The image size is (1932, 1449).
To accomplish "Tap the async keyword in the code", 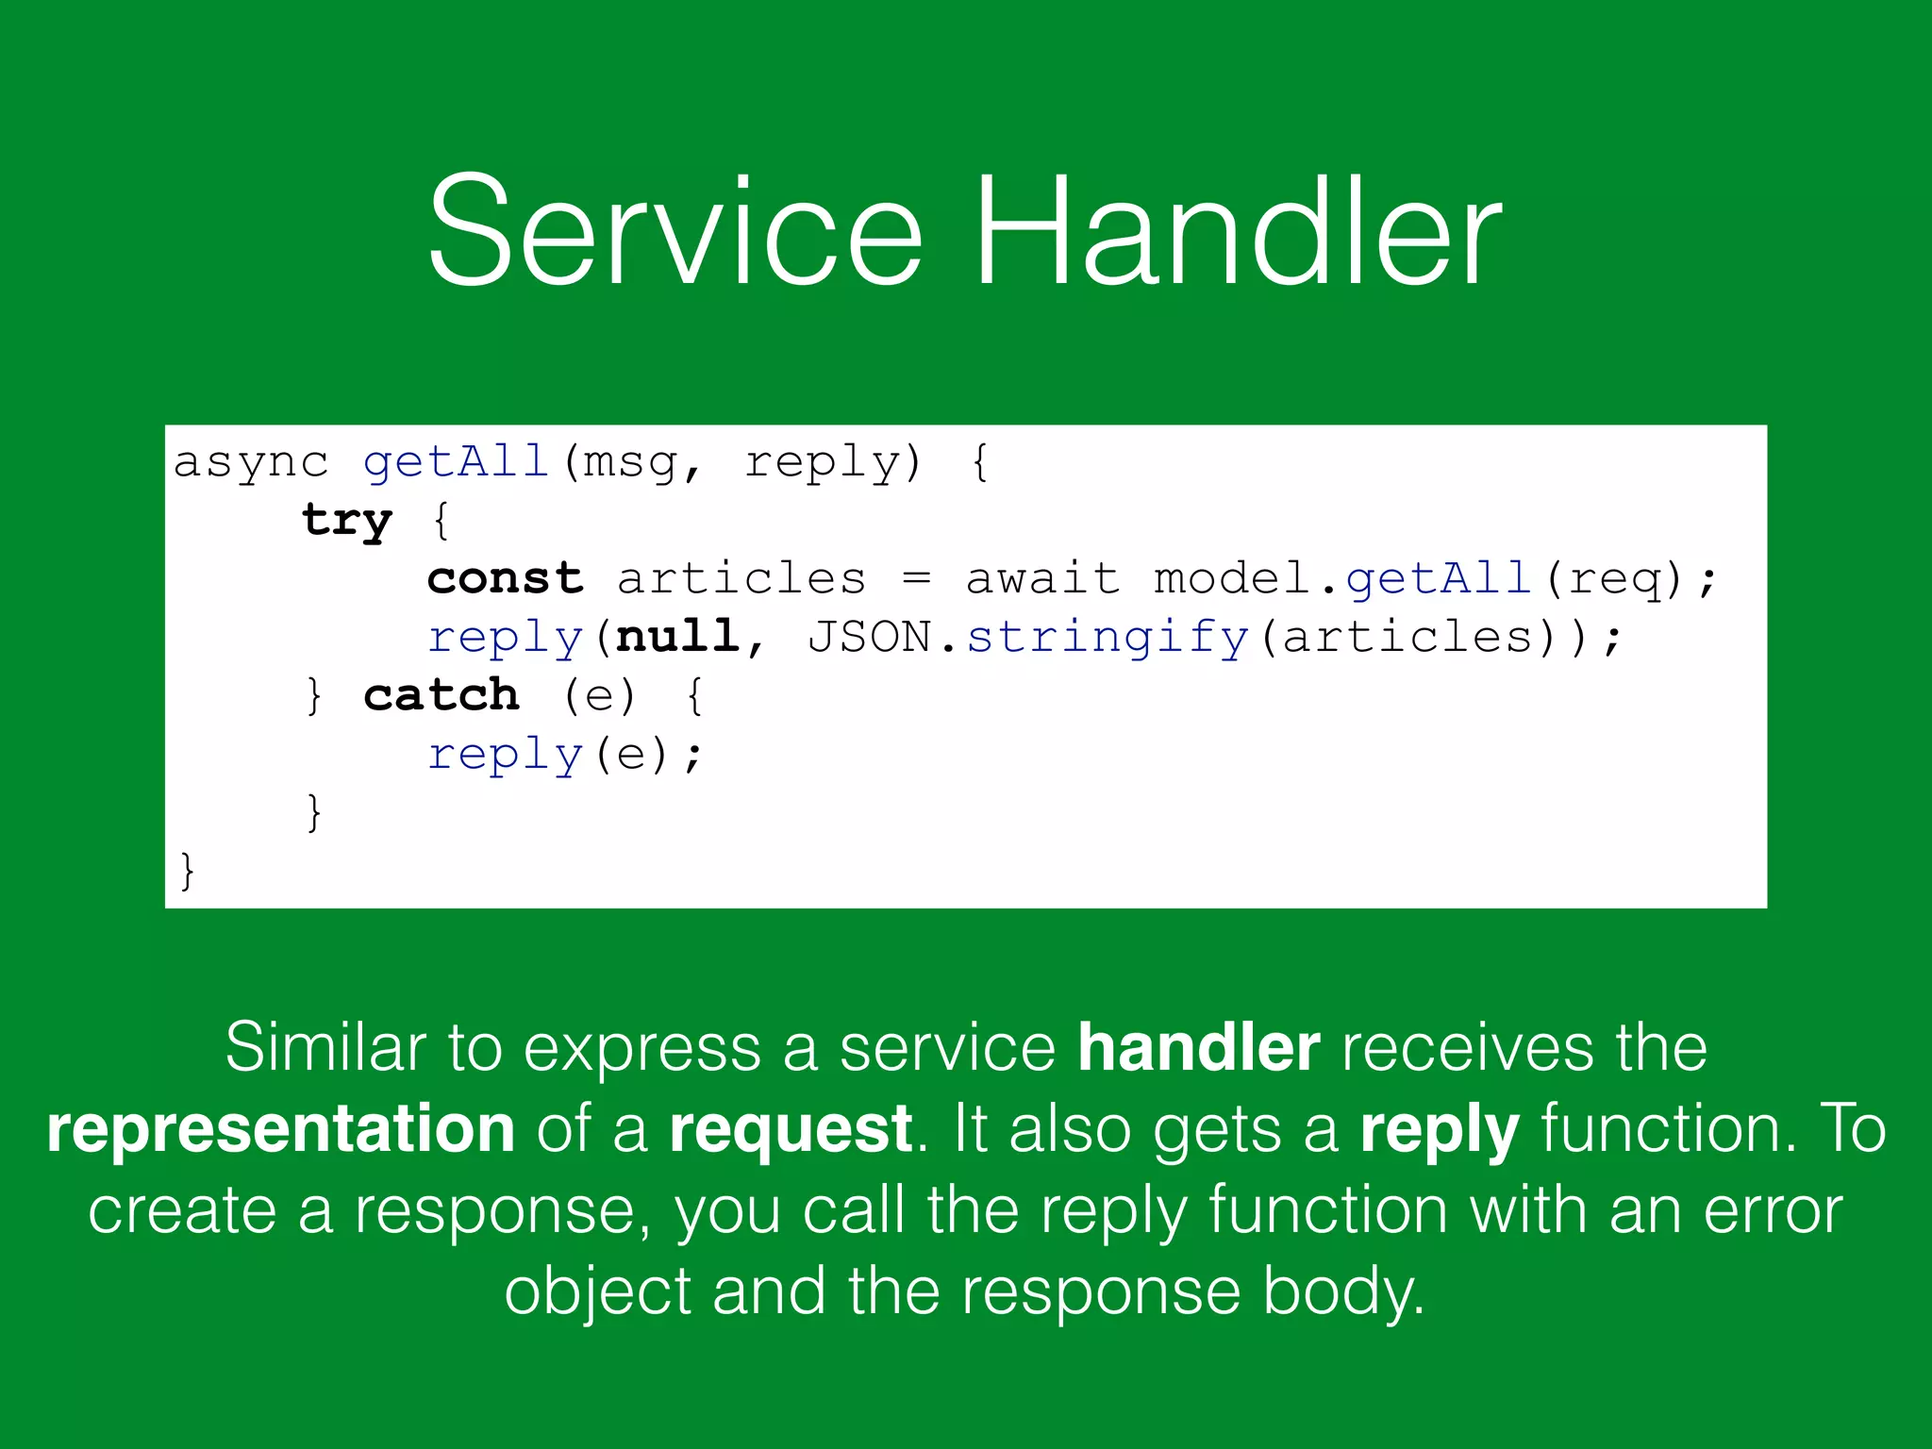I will coord(251,462).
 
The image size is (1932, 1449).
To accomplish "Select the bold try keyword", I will coord(346,521).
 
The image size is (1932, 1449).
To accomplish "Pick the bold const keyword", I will coord(505,578).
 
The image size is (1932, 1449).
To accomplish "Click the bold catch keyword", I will coord(441,695).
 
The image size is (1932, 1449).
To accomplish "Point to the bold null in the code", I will coord(677,637).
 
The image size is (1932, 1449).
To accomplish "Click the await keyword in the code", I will coord(1042,578).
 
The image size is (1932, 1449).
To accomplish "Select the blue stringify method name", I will coord(1108,639).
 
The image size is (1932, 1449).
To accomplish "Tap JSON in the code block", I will coord(869,637).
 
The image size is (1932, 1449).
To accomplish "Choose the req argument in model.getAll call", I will coord(1615,580).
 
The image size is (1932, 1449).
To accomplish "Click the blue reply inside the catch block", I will coord(505,756).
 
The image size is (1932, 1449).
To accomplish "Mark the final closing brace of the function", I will coord(187,870).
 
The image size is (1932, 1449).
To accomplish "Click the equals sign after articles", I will coord(916,578).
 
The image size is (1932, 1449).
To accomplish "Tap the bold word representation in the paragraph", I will coord(281,1129).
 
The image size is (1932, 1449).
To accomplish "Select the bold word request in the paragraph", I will coord(791,1129).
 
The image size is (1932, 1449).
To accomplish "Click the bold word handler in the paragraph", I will coord(1199,1047).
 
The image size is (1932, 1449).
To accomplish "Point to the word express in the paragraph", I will coord(641,1049).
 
